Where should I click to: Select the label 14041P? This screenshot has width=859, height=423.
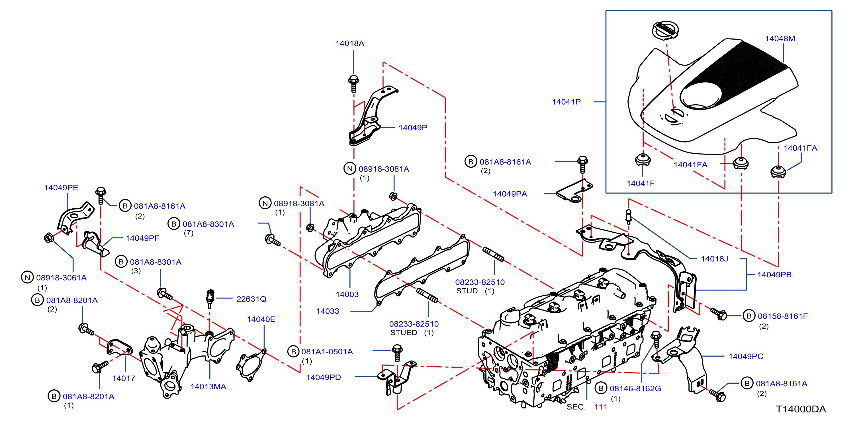tap(566, 102)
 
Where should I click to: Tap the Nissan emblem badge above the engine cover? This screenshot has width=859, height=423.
tap(665, 30)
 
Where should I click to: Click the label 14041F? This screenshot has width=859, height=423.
tap(641, 184)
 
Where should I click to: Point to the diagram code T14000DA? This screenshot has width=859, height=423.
tap(801, 409)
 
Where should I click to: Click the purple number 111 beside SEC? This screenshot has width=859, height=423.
tap(601, 407)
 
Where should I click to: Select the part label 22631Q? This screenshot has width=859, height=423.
tap(251, 299)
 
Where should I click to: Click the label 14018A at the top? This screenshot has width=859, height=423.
tap(349, 43)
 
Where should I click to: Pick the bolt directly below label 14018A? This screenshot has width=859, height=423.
tap(354, 84)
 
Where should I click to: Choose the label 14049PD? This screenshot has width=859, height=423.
tap(324, 378)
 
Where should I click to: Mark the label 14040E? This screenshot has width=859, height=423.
tap(261, 320)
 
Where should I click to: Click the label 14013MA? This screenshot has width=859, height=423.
tap(208, 387)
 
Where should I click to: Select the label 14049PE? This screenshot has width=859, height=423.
tap(61, 188)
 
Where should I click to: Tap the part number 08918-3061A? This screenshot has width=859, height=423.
tap(61, 278)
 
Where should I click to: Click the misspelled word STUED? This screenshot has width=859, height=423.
tap(404, 333)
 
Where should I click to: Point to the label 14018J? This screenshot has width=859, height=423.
tap(714, 259)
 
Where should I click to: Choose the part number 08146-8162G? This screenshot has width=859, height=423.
tap(635, 389)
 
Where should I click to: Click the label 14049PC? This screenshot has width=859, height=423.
tap(746, 357)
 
